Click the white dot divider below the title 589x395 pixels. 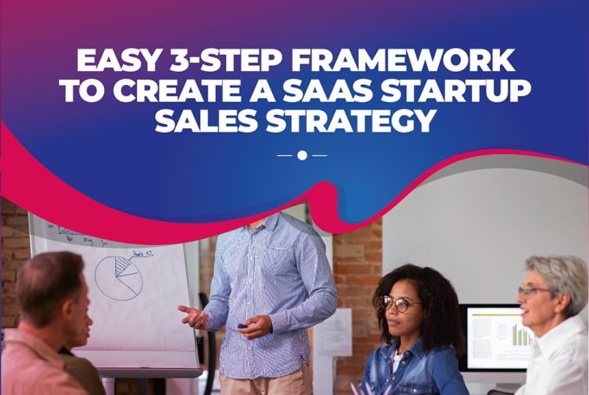301,155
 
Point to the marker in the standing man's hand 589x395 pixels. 241,325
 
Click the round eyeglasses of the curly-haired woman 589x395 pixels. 400,304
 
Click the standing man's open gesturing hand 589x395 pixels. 194,315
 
